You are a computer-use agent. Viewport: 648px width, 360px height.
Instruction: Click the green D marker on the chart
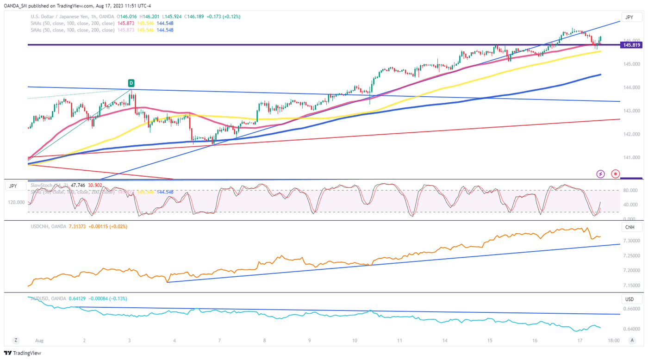[x=131, y=83]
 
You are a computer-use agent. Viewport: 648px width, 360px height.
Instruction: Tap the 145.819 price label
[x=632, y=45]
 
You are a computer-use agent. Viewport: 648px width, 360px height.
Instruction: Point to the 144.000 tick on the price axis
[x=632, y=87]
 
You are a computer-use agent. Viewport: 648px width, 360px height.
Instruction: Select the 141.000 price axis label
[x=632, y=158]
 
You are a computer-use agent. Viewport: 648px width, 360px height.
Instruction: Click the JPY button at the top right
[x=629, y=17]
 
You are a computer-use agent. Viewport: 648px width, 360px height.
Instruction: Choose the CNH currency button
[x=629, y=227]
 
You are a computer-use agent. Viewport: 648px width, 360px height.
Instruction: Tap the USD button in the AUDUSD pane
[x=629, y=299]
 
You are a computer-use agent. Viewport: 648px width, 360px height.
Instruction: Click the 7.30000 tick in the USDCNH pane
[x=632, y=241]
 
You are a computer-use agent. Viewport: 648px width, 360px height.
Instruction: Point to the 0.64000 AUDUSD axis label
[x=632, y=329]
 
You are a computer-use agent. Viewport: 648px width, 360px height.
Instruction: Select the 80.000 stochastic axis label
[x=632, y=190]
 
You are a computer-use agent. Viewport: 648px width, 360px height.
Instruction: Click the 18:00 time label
[x=613, y=341]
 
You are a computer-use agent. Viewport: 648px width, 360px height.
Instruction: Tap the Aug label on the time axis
[x=39, y=341]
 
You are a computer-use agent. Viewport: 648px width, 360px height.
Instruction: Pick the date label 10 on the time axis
[x=355, y=341]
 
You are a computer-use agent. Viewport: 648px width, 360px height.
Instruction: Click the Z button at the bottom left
[x=16, y=340]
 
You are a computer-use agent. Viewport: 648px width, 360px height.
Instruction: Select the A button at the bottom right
[x=632, y=340]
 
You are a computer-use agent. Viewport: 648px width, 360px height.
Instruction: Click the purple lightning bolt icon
[x=600, y=174]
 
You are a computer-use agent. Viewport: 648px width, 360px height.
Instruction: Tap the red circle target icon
[x=615, y=174]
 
